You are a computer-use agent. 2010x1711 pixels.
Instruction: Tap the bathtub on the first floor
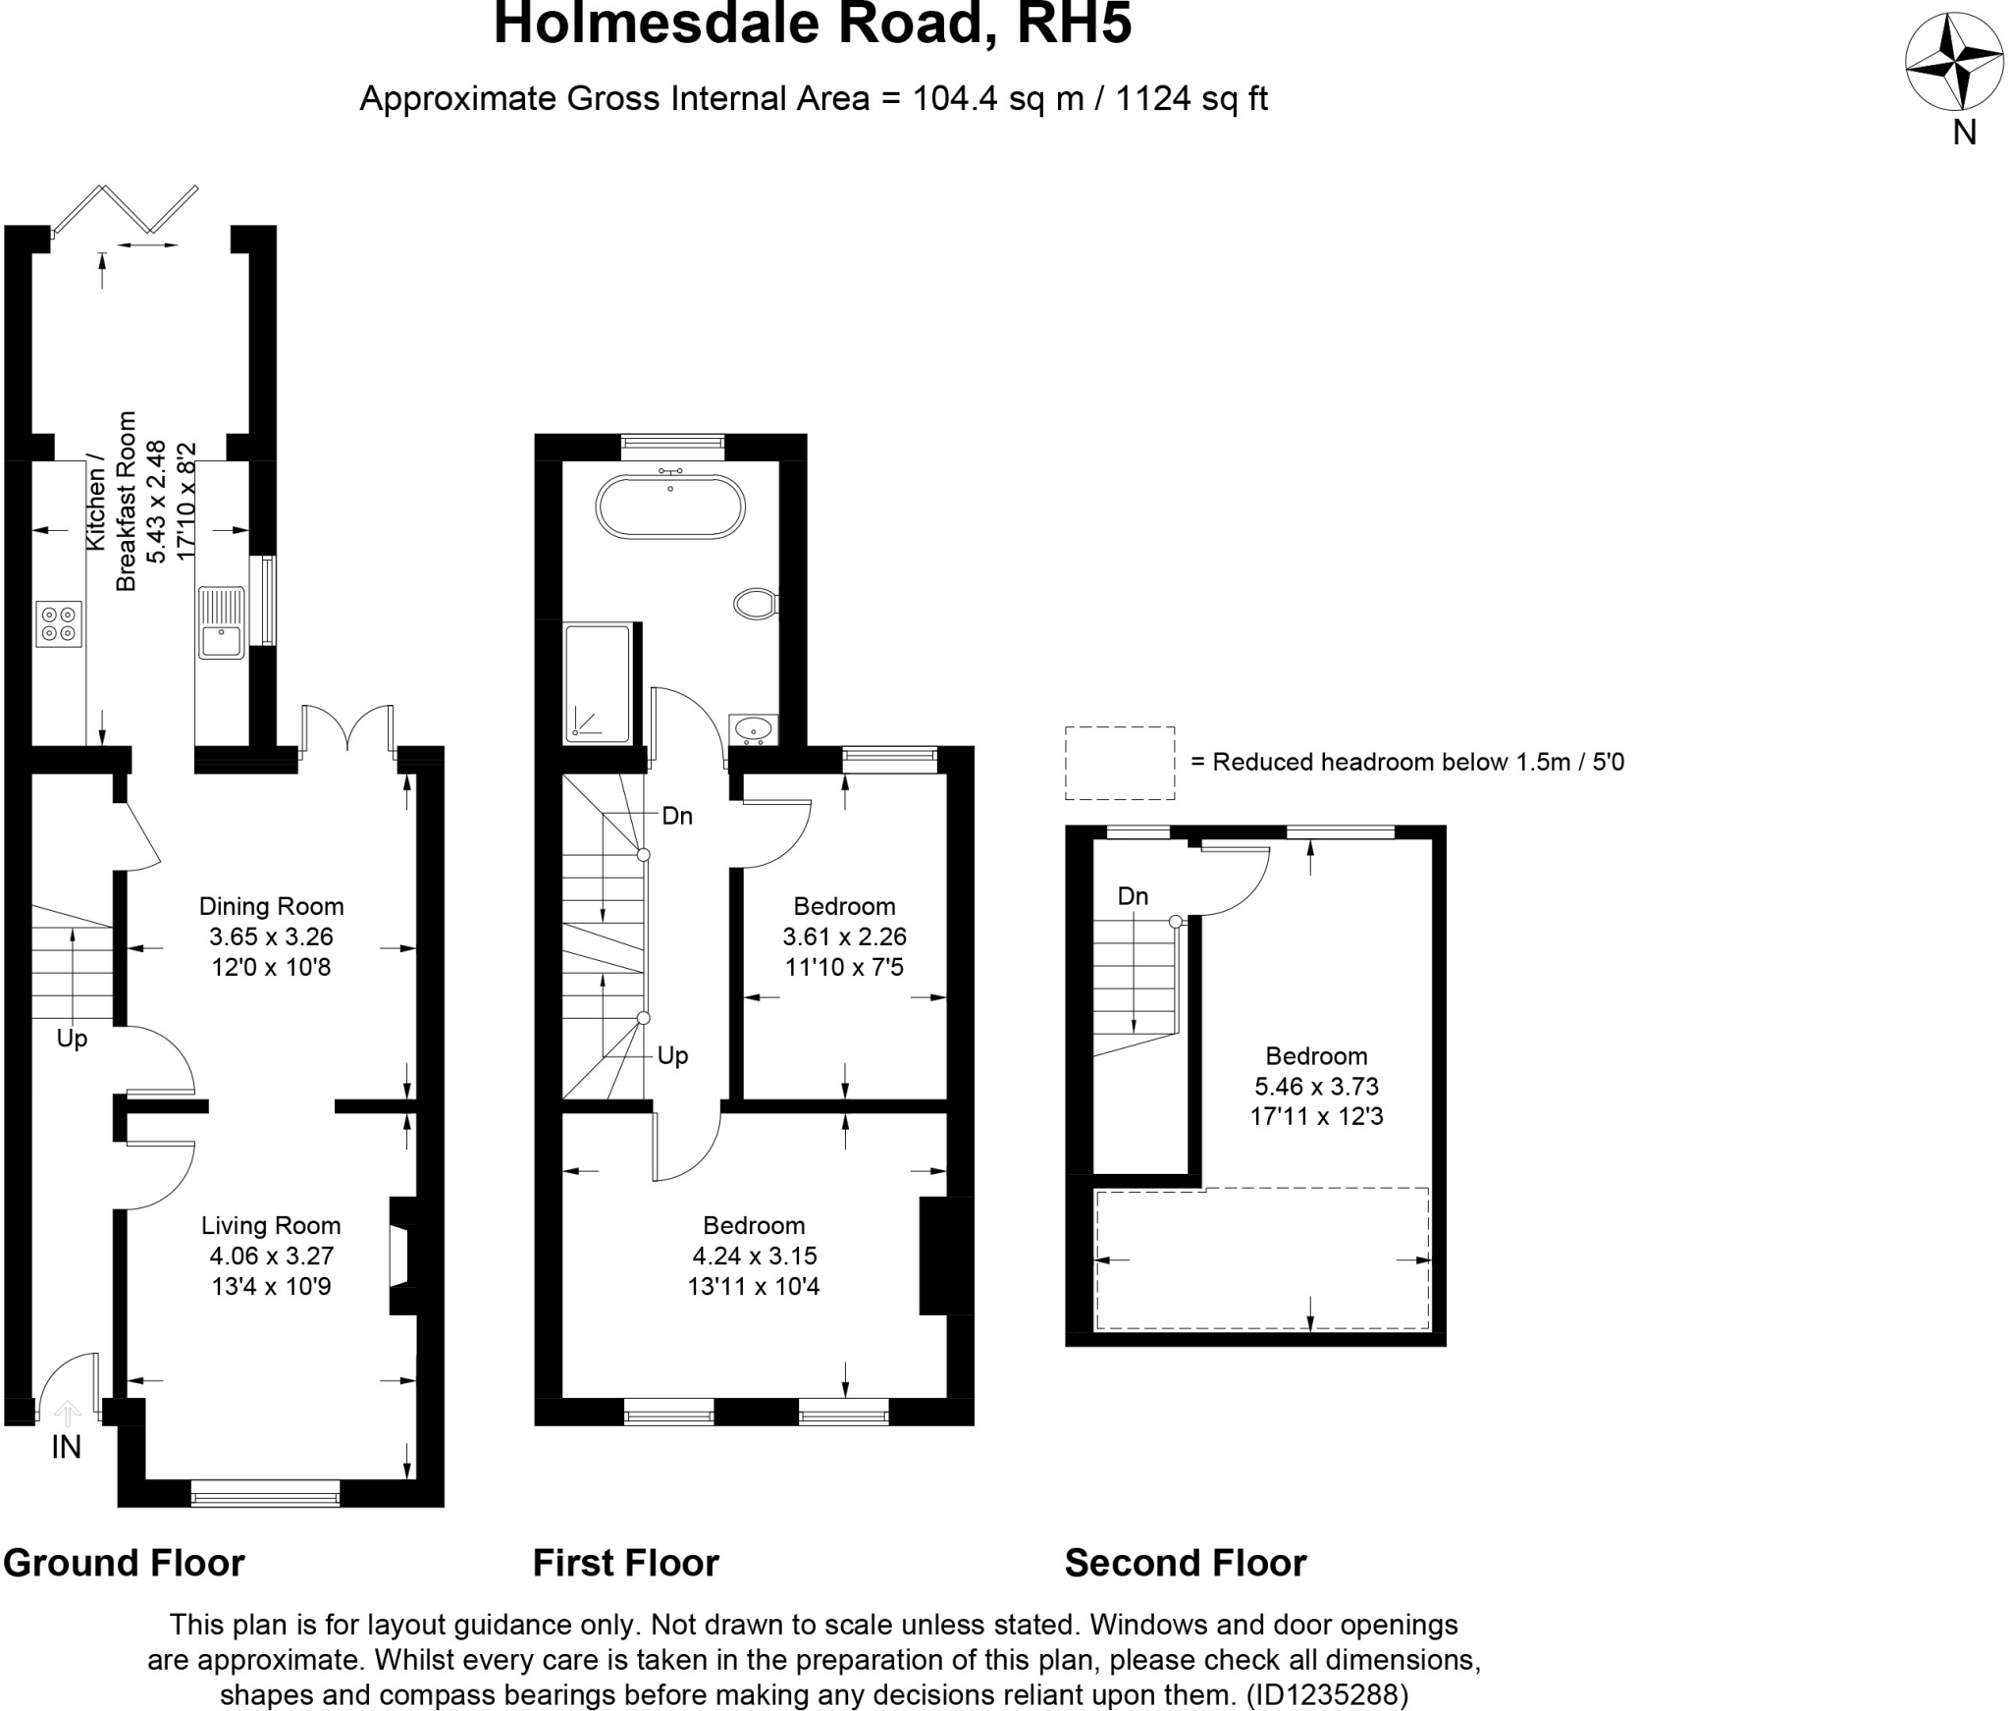point(670,507)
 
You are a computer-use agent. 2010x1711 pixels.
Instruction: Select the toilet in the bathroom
point(757,603)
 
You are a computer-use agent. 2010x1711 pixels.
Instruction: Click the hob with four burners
point(59,624)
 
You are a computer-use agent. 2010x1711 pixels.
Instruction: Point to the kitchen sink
point(221,621)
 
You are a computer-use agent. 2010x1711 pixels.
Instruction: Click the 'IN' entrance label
point(66,1447)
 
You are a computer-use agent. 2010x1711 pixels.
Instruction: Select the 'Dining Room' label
point(271,906)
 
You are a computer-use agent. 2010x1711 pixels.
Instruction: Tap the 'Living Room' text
point(271,1225)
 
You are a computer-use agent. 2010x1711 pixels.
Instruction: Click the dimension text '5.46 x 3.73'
point(1316,1087)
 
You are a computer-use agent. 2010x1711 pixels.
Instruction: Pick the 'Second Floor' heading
point(1185,1563)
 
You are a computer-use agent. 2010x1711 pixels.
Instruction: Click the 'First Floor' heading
point(625,1563)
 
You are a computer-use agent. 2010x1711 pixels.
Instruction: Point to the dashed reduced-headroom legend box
point(1120,763)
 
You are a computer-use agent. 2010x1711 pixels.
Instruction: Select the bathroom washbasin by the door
point(754,728)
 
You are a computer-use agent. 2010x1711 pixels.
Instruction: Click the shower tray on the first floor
point(598,682)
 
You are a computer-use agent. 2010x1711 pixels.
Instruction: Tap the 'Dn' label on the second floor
point(1133,896)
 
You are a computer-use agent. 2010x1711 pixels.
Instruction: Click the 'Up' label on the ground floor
point(72,1039)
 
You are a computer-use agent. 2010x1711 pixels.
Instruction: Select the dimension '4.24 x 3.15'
point(754,1256)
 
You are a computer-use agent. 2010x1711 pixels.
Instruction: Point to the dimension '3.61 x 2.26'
point(844,936)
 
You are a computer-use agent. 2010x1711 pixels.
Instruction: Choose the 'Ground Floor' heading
point(124,1563)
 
